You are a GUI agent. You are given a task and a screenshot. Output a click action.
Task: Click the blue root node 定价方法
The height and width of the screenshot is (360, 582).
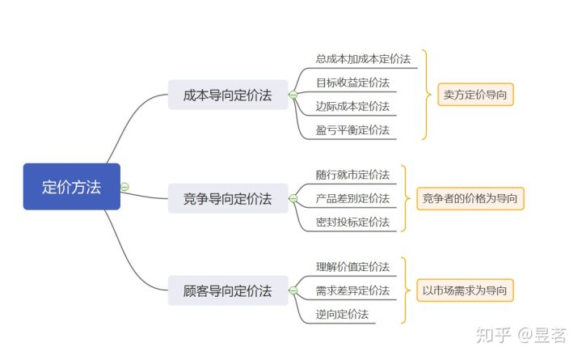[x=71, y=187]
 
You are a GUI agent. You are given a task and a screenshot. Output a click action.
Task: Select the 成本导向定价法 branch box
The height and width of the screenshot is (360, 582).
[x=227, y=95]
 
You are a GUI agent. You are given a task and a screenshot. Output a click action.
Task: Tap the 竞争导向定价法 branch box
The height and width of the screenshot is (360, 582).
[x=227, y=198]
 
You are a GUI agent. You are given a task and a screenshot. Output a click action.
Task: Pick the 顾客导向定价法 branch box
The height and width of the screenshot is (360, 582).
[x=227, y=290]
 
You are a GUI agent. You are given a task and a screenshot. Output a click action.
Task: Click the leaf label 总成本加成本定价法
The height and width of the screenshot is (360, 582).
[x=363, y=59]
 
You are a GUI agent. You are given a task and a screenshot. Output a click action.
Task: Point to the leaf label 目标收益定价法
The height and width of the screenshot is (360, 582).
[x=352, y=83]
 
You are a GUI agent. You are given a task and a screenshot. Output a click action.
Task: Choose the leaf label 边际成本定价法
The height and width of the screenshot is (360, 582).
[x=352, y=106]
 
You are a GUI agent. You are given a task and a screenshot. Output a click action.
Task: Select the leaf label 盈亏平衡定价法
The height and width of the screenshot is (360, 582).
[x=352, y=129]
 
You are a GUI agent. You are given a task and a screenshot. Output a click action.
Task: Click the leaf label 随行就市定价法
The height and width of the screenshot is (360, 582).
[x=352, y=175]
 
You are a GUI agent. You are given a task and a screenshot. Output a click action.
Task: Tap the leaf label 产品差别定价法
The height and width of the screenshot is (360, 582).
[x=352, y=198]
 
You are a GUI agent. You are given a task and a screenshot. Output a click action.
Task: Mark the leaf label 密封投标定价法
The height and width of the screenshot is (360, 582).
[x=352, y=222]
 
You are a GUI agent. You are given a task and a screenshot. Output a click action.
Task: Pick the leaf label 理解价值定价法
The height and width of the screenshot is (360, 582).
[x=352, y=267]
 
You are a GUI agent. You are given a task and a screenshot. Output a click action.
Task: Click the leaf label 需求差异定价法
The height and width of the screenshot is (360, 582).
[x=352, y=290]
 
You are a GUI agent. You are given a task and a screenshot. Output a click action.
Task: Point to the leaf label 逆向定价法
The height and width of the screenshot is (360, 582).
[x=342, y=314]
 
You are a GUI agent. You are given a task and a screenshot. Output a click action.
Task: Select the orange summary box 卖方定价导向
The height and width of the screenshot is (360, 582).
[x=475, y=95]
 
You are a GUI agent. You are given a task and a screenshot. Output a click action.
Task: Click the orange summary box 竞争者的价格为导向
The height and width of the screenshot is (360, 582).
[x=470, y=198]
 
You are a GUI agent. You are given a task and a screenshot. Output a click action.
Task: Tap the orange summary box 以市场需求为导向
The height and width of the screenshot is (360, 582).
[x=465, y=290]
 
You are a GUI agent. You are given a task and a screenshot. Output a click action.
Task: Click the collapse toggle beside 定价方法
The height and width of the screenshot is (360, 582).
[x=125, y=187]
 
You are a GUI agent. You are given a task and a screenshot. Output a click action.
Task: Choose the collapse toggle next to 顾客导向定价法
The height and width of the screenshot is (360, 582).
[x=293, y=290]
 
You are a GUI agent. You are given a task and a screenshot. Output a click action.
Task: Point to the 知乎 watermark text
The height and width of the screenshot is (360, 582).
[x=493, y=333]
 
